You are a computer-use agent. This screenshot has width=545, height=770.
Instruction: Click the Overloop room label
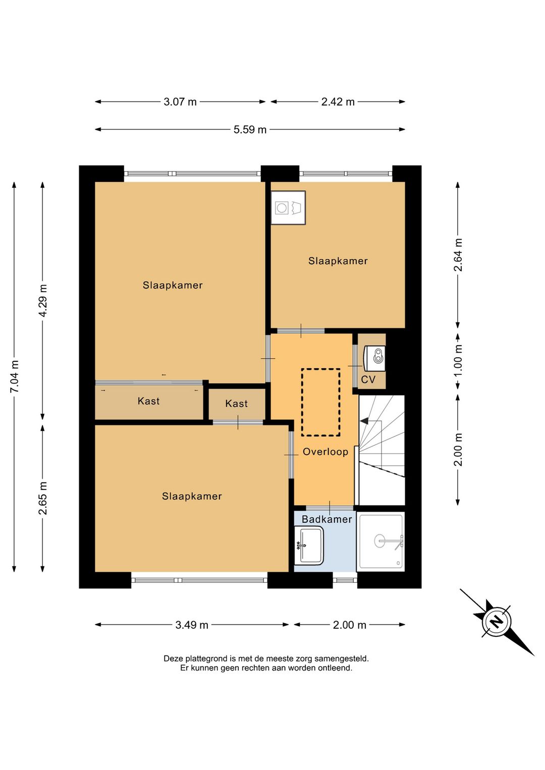point(325,452)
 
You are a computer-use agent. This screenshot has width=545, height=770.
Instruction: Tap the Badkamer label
point(326,519)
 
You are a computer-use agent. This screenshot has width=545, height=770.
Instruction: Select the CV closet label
point(368,379)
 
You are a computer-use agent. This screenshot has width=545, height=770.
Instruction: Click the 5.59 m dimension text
point(250,130)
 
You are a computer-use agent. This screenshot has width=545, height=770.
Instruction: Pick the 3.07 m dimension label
point(180,102)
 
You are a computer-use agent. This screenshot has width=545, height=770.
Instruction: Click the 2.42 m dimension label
point(338,102)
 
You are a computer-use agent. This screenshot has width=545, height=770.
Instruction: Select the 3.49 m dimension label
point(192,625)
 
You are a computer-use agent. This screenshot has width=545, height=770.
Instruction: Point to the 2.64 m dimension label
point(458,255)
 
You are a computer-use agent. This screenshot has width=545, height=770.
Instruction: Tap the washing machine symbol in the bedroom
point(288,207)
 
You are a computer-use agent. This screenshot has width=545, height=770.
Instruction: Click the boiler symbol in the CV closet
point(374,358)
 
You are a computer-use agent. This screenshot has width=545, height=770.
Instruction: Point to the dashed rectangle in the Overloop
point(321,403)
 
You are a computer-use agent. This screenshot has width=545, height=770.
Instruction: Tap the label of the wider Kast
point(148,401)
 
